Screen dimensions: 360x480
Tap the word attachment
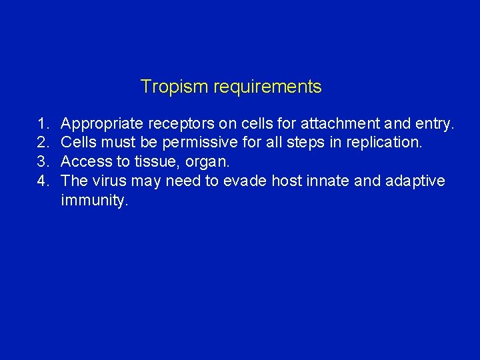coord(335,123)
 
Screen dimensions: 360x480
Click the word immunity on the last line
coord(93,201)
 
